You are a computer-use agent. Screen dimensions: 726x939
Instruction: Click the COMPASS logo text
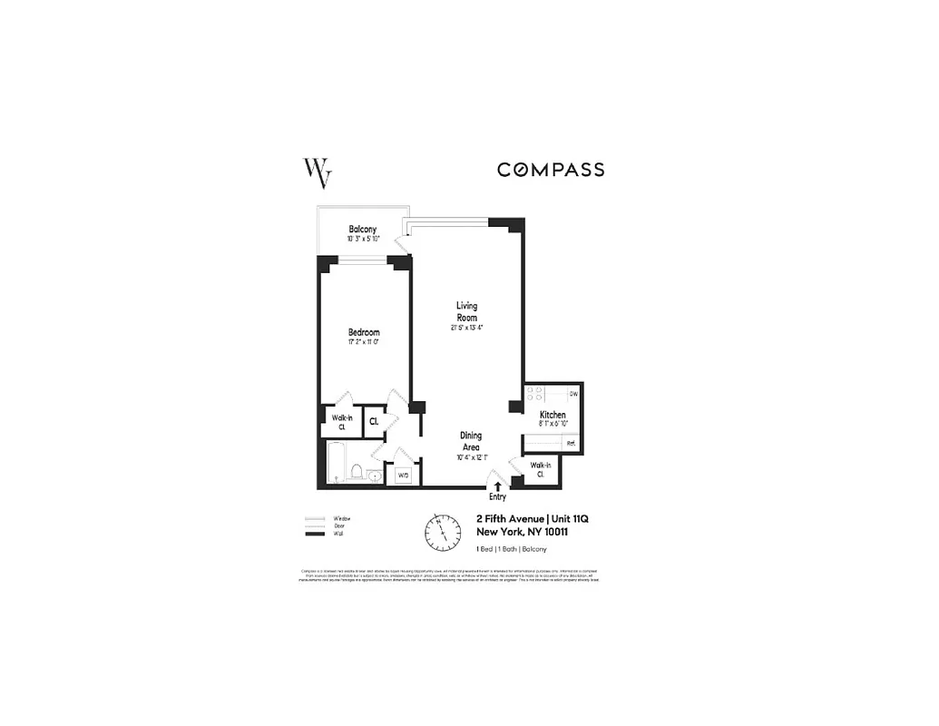[x=550, y=170]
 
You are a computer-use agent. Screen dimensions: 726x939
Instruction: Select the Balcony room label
[x=362, y=230]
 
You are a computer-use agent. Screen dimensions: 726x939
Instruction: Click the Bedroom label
[x=364, y=333]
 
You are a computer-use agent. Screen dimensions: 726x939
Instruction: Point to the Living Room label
[x=466, y=311]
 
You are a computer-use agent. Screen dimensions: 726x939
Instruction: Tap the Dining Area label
[x=470, y=441]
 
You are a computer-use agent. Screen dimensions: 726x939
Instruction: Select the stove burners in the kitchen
[x=535, y=394]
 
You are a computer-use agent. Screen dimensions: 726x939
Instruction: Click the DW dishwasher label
[x=572, y=394]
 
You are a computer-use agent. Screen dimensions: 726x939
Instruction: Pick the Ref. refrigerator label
[x=571, y=443]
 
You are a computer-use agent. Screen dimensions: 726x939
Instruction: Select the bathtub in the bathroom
[x=336, y=461]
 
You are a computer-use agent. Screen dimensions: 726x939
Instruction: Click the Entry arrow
[x=497, y=486]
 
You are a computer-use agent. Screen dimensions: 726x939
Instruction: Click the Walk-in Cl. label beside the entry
[x=540, y=469]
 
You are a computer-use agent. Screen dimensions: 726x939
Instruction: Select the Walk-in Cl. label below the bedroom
[x=341, y=421]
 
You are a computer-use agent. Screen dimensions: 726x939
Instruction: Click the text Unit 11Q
[x=567, y=518]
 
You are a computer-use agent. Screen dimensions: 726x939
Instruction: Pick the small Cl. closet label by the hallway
[x=374, y=421]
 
